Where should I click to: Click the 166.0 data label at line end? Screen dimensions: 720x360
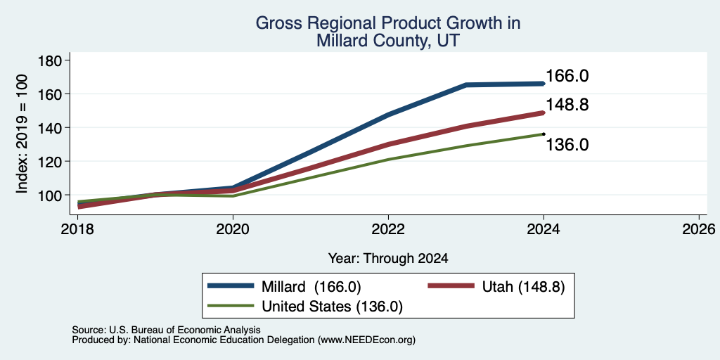coord(567,76)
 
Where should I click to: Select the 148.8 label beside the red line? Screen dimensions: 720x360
coord(567,105)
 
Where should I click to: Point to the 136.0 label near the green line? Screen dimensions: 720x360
coord(567,145)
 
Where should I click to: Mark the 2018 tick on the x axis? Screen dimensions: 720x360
coord(77,229)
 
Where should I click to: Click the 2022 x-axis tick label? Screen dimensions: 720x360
coord(388,229)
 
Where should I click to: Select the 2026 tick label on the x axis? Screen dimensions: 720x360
coord(699,229)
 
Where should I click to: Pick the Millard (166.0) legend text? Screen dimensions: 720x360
coord(311,287)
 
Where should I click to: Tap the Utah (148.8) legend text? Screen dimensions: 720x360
coord(522,287)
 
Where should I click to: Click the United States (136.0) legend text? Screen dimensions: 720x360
coord(333,307)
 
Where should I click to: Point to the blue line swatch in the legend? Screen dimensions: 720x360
coord(231,285)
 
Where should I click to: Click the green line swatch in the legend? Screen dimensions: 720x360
coord(231,305)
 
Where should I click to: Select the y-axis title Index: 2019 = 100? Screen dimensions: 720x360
coord(22,134)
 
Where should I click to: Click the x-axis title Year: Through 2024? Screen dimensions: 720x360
coord(388,259)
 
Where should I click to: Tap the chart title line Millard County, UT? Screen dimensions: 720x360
coord(388,41)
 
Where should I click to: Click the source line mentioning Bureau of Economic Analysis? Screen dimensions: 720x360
coord(167,330)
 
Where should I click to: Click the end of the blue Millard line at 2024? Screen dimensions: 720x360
coord(544,84)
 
